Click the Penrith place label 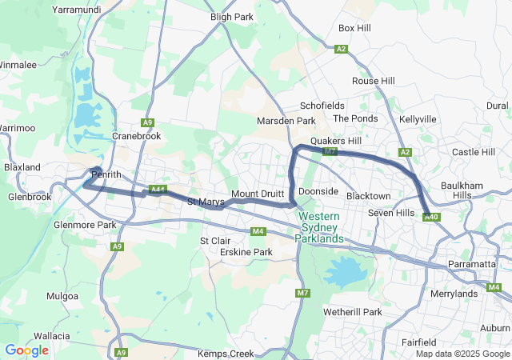(x=106, y=174)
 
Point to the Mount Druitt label (x=257, y=194)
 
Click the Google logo (x=26, y=350)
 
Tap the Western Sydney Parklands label (x=319, y=227)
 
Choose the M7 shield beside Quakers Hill (x=329, y=151)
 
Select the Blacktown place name (x=368, y=196)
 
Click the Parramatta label (x=472, y=264)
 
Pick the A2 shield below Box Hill (x=342, y=49)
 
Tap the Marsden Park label (x=286, y=121)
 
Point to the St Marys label (x=206, y=202)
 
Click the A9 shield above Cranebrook (x=147, y=122)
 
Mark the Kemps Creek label (x=226, y=354)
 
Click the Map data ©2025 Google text (x=462, y=354)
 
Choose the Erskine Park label (x=246, y=252)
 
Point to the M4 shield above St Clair (x=258, y=232)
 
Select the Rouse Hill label (x=374, y=82)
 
